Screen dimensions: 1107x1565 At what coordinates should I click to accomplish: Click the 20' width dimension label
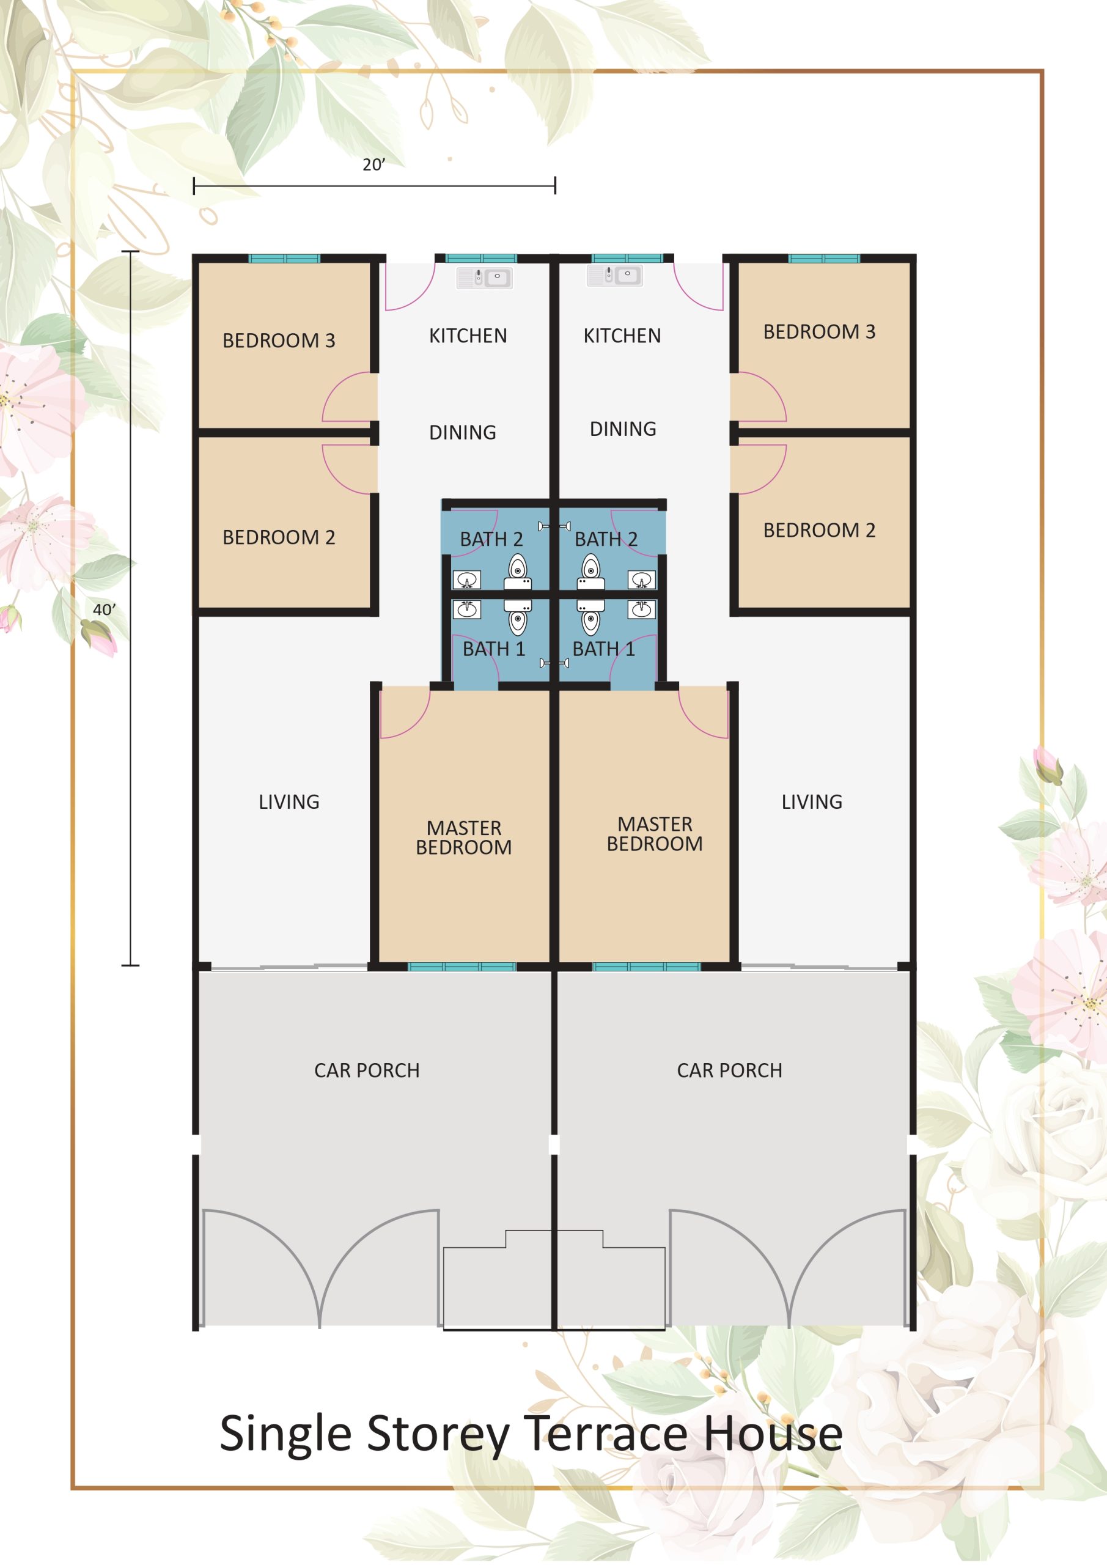click(373, 164)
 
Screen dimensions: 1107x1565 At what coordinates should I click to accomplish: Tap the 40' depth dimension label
click(105, 609)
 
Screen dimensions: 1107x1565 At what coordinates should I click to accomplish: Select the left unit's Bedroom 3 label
click(279, 340)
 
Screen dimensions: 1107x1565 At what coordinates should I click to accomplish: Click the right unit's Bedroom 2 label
click(819, 529)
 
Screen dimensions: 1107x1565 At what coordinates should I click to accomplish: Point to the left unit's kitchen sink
click(485, 278)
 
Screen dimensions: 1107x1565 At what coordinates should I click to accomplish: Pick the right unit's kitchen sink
click(615, 275)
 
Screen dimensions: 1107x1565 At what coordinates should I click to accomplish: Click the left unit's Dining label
click(463, 432)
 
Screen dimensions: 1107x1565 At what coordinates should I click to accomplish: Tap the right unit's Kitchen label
click(622, 336)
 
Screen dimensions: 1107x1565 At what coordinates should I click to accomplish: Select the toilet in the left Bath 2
click(518, 572)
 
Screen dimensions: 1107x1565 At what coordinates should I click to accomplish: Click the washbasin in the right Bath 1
click(641, 609)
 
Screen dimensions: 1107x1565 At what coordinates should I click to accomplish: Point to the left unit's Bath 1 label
click(494, 649)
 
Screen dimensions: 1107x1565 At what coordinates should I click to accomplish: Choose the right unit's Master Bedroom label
click(655, 834)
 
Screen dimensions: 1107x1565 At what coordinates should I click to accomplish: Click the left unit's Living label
click(289, 801)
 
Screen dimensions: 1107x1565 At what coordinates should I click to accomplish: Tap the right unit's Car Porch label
click(729, 1070)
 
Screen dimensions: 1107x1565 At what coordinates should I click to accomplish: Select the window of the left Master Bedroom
click(462, 967)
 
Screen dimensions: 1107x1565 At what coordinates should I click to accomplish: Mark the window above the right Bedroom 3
click(824, 259)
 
